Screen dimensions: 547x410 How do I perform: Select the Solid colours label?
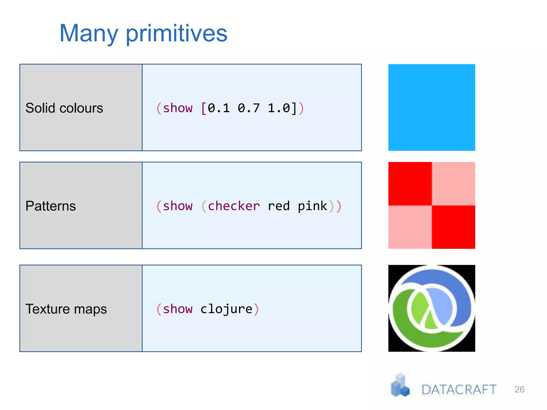coord(64,108)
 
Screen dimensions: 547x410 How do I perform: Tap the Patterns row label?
coord(50,206)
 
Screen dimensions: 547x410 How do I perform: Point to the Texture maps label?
coord(66,309)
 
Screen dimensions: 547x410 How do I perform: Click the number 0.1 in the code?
coord(218,108)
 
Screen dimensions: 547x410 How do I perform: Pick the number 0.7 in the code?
coord(248,108)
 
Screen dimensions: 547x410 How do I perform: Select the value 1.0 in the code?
coord(279,108)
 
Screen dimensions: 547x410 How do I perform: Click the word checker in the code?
coord(234,206)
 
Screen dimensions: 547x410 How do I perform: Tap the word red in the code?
coord(279,206)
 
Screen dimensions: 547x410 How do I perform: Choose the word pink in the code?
coord(312,206)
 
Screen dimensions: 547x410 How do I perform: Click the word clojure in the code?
coord(226,309)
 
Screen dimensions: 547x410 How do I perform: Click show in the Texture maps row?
coord(178,309)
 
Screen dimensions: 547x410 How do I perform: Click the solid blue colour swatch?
coord(432,107)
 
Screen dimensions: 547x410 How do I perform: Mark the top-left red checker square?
coord(410,184)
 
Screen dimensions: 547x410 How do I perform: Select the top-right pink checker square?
coord(454,184)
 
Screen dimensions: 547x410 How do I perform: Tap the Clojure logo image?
coord(432,308)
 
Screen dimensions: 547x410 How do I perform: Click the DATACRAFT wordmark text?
coord(459,390)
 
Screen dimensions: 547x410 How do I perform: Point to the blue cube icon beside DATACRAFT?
coord(400,386)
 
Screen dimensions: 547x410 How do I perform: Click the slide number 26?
coord(519,389)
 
